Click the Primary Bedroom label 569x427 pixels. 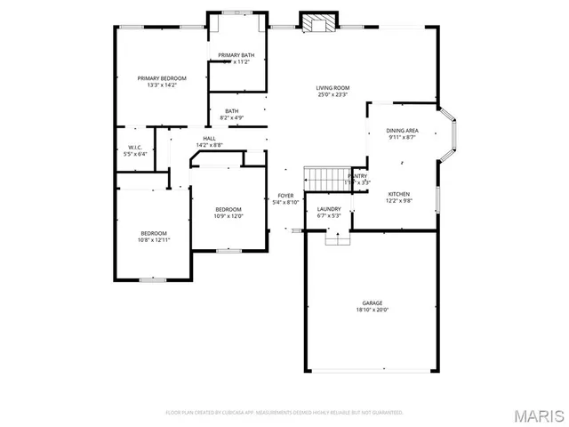click(x=162, y=78)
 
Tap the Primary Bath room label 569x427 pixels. click(x=236, y=55)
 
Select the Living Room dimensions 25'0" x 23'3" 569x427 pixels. click(x=333, y=94)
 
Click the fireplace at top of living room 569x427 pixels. click(x=317, y=22)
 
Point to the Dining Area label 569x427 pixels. click(x=403, y=131)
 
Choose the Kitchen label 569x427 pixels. click(x=398, y=193)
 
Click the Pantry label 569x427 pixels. click(x=357, y=176)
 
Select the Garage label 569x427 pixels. click(x=372, y=302)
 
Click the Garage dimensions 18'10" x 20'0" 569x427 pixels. click(x=372, y=310)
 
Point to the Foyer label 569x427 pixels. click(x=285, y=195)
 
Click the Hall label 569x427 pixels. click(x=209, y=138)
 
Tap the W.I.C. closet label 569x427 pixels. click(x=135, y=147)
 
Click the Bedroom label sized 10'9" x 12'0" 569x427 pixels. click(x=228, y=209)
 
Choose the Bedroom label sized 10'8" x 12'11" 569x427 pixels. click(x=153, y=233)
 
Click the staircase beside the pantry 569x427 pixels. click(x=323, y=176)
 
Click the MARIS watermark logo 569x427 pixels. click(x=538, y=415)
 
